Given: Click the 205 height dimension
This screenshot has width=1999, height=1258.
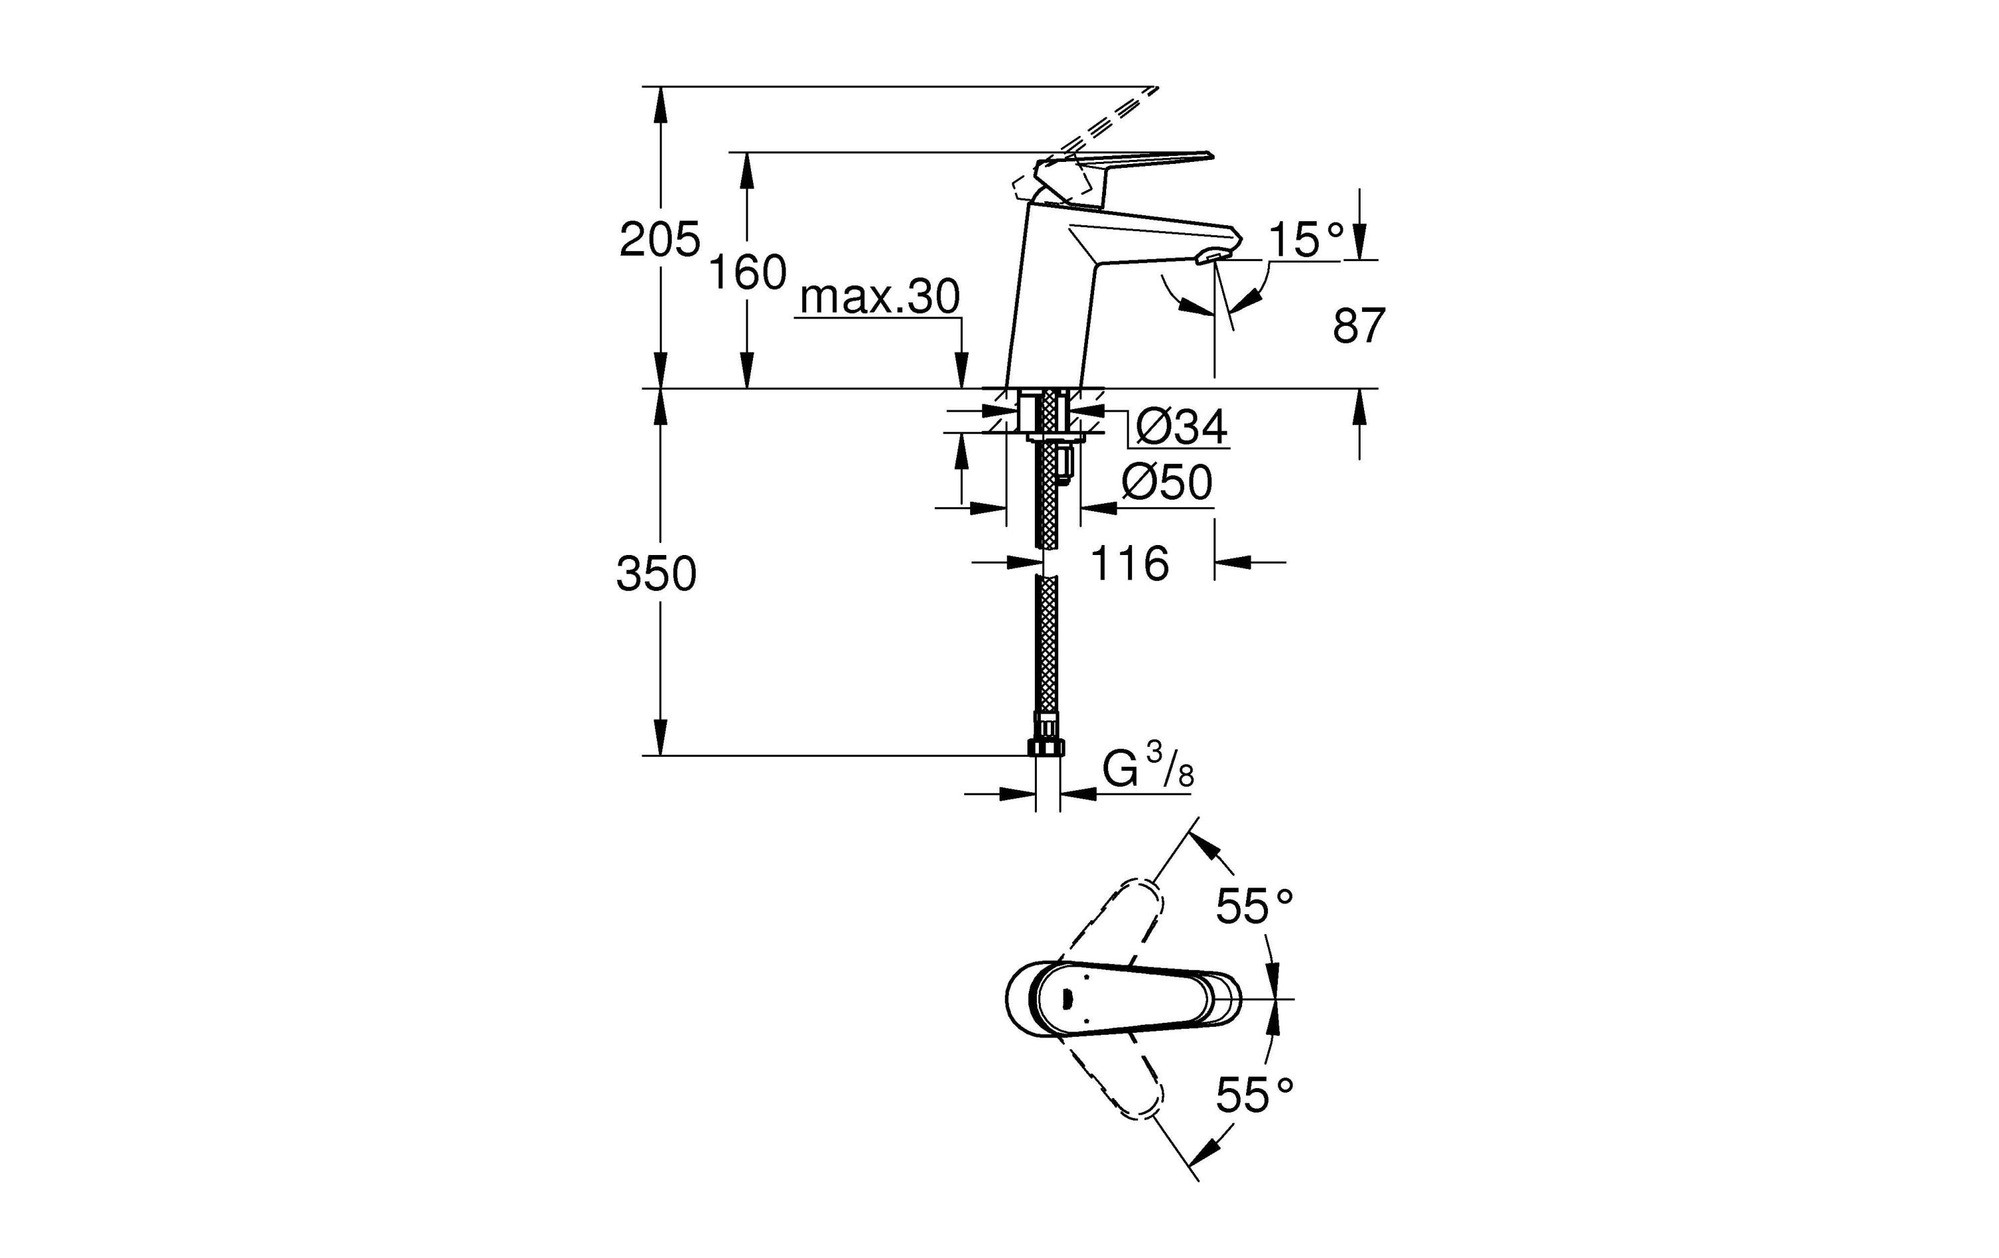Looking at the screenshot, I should click(660, 241).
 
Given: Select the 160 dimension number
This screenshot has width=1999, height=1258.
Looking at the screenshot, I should click(747, 273).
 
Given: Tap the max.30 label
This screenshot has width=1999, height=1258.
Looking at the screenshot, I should click(880, 297).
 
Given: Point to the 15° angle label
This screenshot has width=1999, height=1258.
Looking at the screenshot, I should click(1306, 240).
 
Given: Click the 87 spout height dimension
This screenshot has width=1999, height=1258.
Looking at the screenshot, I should click(1359, 326).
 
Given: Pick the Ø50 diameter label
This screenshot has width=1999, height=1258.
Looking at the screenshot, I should click(1166, 482).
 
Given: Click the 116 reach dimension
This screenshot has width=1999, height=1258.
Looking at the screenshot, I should click(1129, 564).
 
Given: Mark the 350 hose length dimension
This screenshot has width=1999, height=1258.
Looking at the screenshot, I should click(656, 574).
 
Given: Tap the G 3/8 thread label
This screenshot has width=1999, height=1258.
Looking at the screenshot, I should click(1147, 769).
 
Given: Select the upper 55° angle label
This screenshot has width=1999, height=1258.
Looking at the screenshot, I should click(1254, 906).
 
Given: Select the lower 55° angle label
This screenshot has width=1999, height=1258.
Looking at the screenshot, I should click(1254, 1094).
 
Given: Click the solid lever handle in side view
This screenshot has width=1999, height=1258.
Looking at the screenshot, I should click(1137, 161).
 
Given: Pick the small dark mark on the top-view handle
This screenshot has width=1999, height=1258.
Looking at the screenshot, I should click(1067, 998).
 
